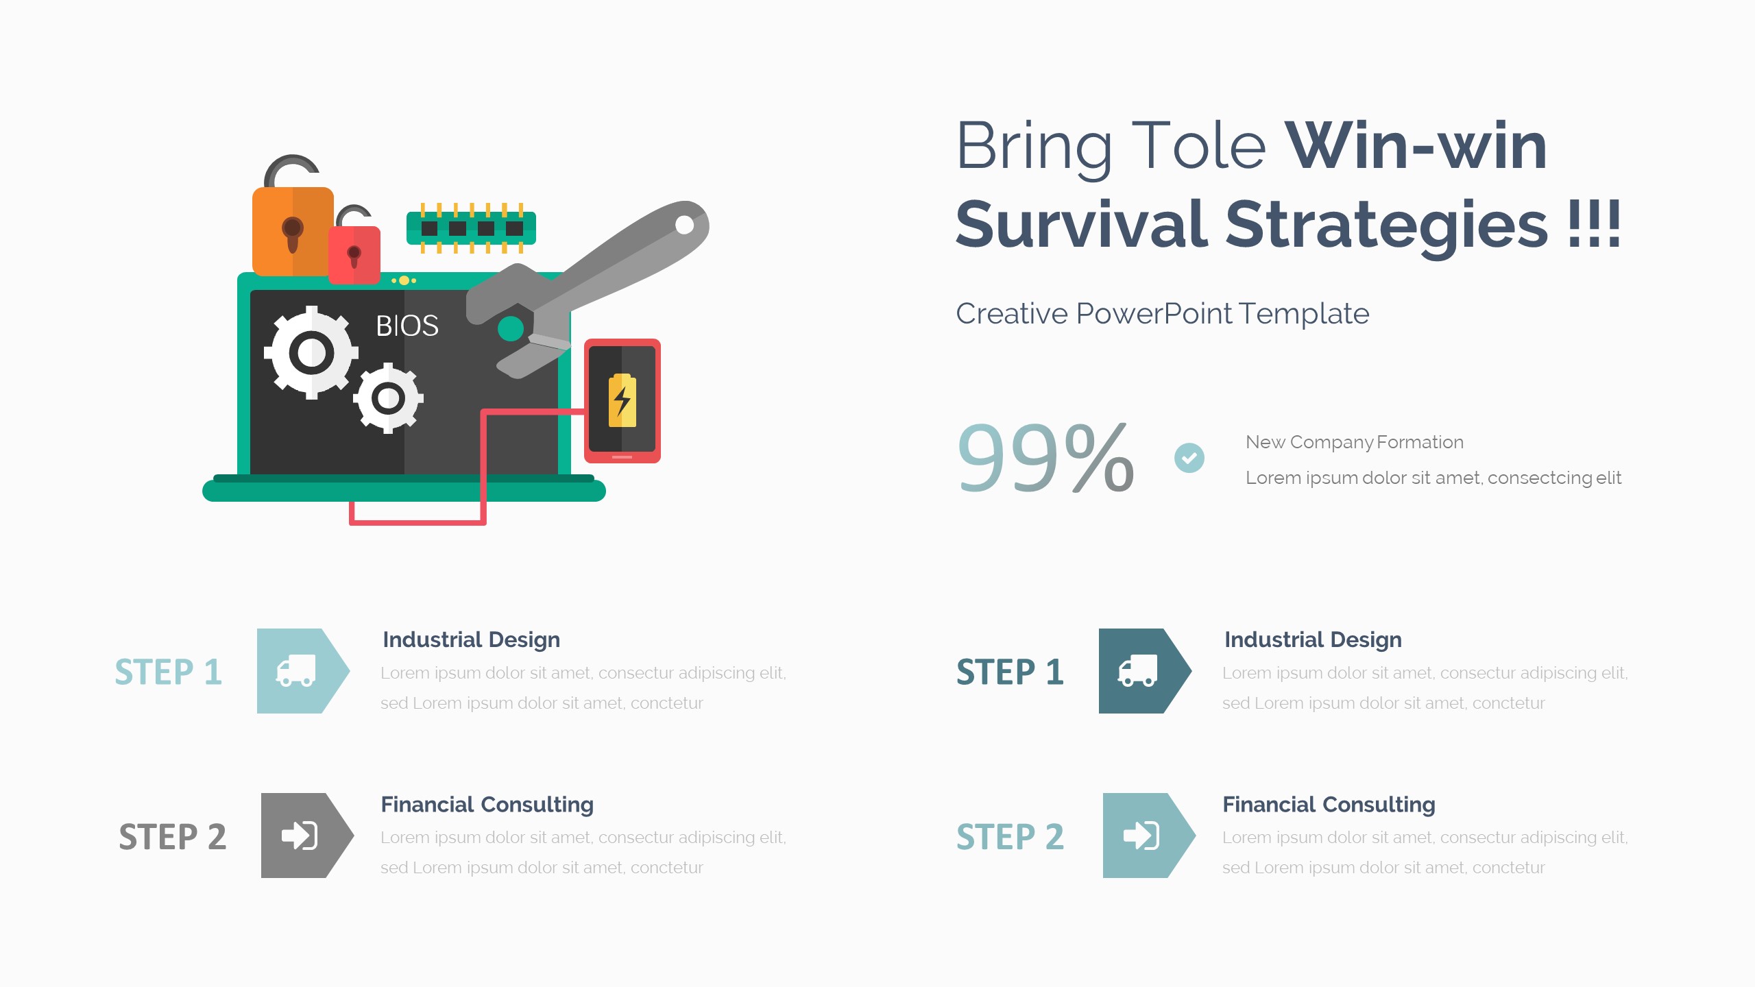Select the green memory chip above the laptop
click(471, 228)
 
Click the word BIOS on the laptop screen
click(407, 326)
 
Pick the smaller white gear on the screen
click(389, 398)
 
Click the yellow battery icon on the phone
click(622, 400)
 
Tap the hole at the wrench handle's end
click(684, 224)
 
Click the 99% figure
click(1045, 457)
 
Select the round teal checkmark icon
click(1189, 458)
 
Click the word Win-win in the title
click(1416, 146)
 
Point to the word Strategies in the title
click(1386, 225)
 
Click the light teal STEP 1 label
click(169, 672)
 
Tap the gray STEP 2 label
click(173, 837)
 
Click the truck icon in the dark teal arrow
click(1137, 670)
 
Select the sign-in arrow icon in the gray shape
click(300, 836)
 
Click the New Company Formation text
click(1355, 443)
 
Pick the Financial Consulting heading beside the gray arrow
click(487, 805)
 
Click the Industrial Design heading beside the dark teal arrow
click(1314, 640)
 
